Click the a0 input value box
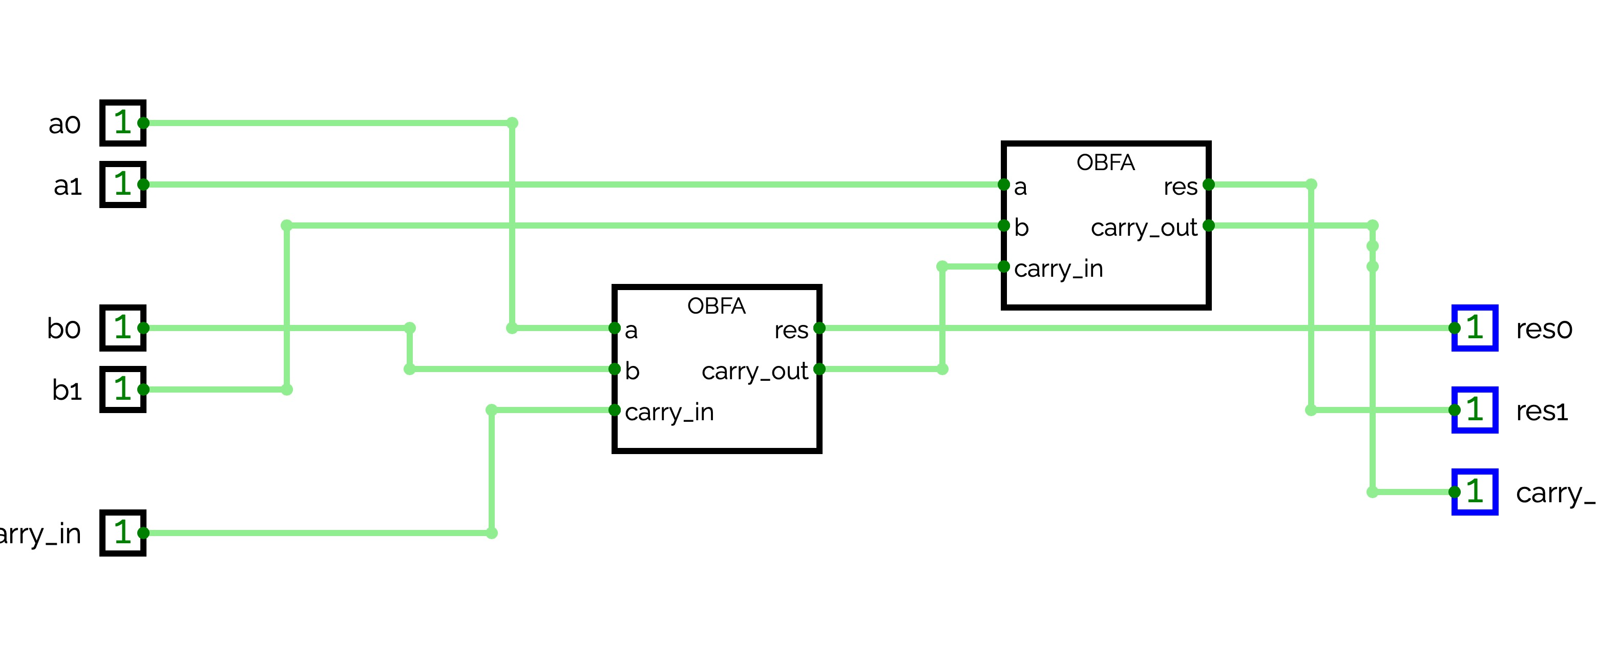coord(123,123)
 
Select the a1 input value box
coord(123,184)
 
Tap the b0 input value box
coord(123,327)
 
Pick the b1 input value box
coord(123,389)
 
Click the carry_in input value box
coord(123,532)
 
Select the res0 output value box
coord(1475,327)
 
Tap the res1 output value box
coord(1475,409)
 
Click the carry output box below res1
coord(1475,491)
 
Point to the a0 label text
coord(65,124)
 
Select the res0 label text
coord(1543,329)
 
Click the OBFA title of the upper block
coord(1105,162)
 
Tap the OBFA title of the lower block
coord(716,306)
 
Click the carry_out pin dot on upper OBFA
coord(1208,225)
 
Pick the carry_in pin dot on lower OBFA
coord(614,409)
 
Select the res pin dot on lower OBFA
coord(819,327)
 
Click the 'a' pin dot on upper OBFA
coord(1003,184)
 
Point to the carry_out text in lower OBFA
coord(754,371)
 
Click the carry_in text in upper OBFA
coord(1058,269)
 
